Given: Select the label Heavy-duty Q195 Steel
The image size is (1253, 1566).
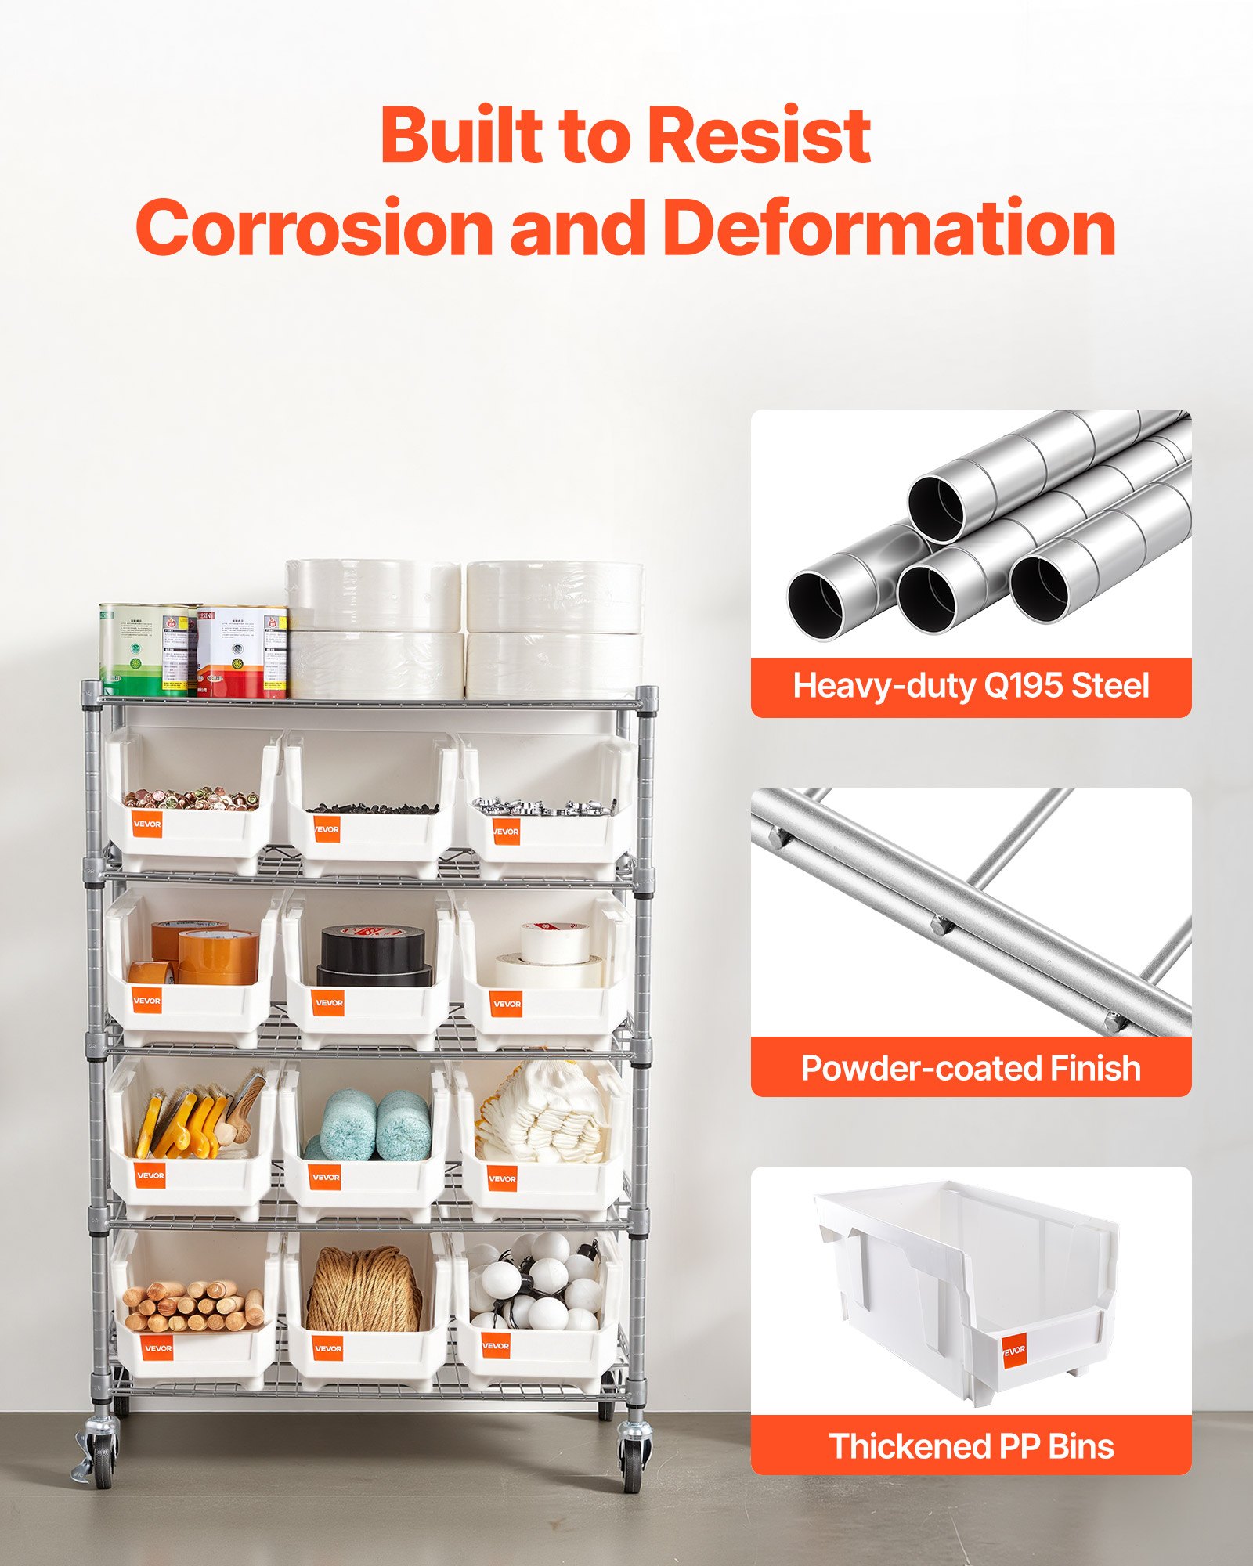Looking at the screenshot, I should (971, 687).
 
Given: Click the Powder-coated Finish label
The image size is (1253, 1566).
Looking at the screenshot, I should (971, 1068).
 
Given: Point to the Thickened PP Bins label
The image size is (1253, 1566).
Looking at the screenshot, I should (971, 1446).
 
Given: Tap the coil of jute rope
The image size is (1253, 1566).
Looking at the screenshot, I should (363, 1290).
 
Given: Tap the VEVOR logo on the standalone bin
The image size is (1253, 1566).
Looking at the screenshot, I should (1013, 1350).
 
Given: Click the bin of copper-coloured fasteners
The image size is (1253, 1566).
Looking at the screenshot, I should (192, 814).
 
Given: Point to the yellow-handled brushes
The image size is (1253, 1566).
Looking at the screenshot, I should (188, 1128).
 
